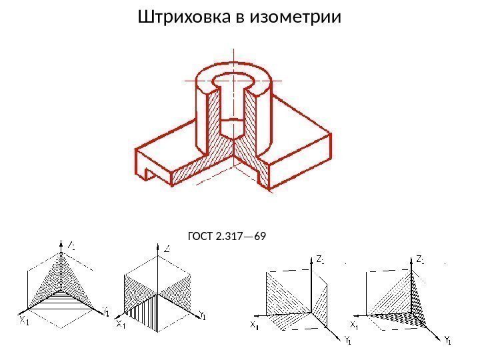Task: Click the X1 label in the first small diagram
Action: coord(23,321)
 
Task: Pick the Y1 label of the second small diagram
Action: coord(202,316)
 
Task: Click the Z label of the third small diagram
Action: coord(319,258)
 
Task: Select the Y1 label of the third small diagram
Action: coord(347,343)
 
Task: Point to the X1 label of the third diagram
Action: coord(255,325)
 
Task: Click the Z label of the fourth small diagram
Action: coord(419,258)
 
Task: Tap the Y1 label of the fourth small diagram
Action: coord(448,343)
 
